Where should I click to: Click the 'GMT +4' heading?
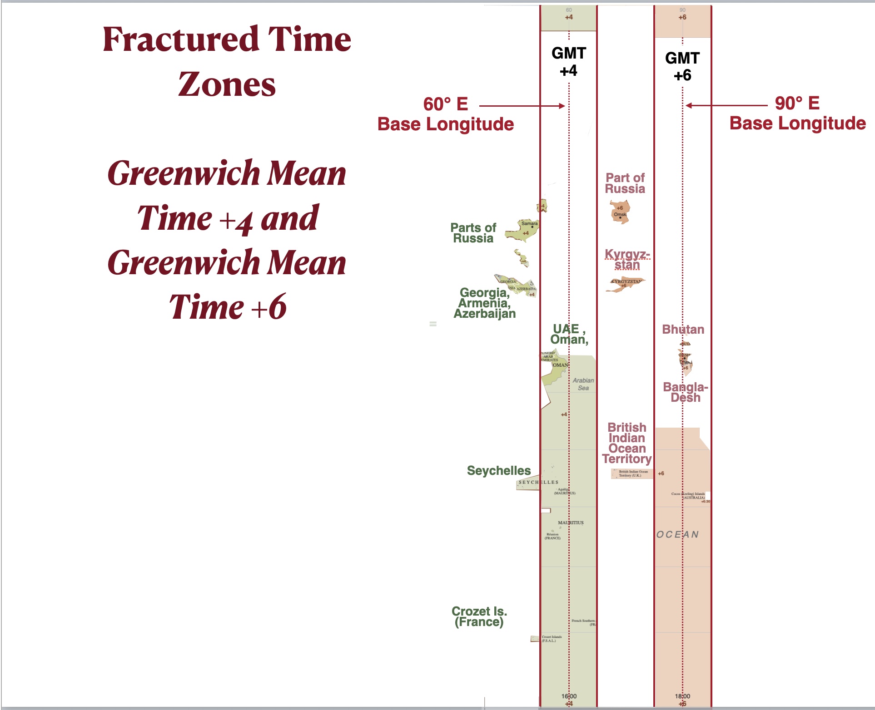coord(568,62)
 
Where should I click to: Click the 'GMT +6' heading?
coord(682,66)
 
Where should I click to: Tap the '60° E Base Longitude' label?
coord(445,114)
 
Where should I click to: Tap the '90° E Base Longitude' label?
coord(797,113)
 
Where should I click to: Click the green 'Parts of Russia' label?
coord(473,233)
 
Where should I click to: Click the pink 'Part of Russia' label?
coord(625,183)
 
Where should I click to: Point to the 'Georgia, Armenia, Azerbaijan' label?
coord(485,303)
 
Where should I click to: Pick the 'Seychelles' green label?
coord(498,470)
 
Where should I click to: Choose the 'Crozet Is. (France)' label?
coord(479,616)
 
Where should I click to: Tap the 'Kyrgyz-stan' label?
coord(627,259)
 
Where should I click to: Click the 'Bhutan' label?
coord(683,329)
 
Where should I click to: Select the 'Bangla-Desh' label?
coord(685,392)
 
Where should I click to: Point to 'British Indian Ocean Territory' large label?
coord(627,443)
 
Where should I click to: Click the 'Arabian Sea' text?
coord(583,384)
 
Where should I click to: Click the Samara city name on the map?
coord(529,223)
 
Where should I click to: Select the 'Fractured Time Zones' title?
coord(227,61)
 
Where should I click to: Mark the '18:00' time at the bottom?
coord(682,696)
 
